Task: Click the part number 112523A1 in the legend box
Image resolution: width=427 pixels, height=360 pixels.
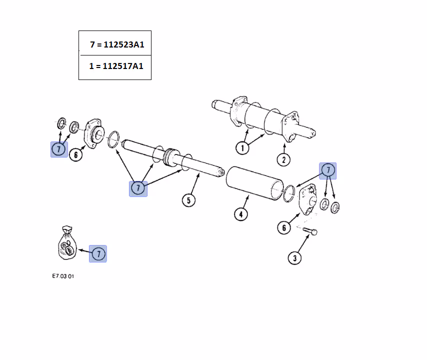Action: [124, 44]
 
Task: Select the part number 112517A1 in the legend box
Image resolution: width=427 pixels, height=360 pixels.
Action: [123, 66]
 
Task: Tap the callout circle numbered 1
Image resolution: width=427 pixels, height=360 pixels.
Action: [242, 148]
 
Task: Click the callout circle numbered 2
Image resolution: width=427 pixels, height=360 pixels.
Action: [283, 159]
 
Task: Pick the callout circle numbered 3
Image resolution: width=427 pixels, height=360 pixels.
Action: [294, 257]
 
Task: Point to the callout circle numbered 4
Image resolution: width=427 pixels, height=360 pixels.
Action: [240, 214]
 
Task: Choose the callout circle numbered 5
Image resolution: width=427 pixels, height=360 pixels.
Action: [188, 200]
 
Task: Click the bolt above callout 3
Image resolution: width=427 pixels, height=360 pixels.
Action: [310, 231]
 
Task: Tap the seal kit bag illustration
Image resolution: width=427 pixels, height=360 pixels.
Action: [67, 242]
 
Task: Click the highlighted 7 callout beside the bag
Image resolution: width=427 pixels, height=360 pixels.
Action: [98, 254]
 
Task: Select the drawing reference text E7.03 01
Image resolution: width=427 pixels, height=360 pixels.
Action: [63, 276]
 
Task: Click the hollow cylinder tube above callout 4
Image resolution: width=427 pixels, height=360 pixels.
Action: [254, 183]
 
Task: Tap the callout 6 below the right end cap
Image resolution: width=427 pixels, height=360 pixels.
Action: [284, 227]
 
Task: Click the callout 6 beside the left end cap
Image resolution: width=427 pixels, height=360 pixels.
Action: [75, 154]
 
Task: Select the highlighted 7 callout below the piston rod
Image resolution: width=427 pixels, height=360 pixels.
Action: [138, 188]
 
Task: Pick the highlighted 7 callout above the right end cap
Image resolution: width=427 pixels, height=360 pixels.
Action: [328, 170]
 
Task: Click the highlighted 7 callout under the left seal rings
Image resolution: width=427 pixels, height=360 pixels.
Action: [59, 149]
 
